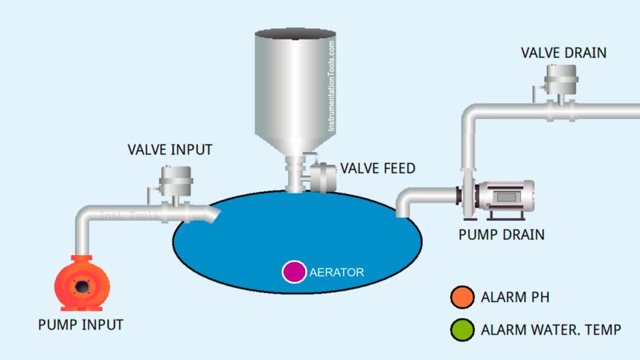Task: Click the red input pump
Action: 82,283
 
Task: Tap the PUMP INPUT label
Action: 81,325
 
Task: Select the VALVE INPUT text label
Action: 170,150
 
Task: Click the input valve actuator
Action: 176,181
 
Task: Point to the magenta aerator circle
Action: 294,271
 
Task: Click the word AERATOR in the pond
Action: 336,272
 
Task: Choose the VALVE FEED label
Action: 378,168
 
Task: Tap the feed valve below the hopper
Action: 321,177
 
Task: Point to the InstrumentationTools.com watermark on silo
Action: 331,86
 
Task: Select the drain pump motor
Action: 505,196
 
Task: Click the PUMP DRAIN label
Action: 502,235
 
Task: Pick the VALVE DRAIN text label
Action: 563,53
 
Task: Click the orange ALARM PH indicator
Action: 462,297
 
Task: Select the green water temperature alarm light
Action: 462,330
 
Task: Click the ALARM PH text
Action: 515,297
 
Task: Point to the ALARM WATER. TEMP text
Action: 551,330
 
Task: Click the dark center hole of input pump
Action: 82,286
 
